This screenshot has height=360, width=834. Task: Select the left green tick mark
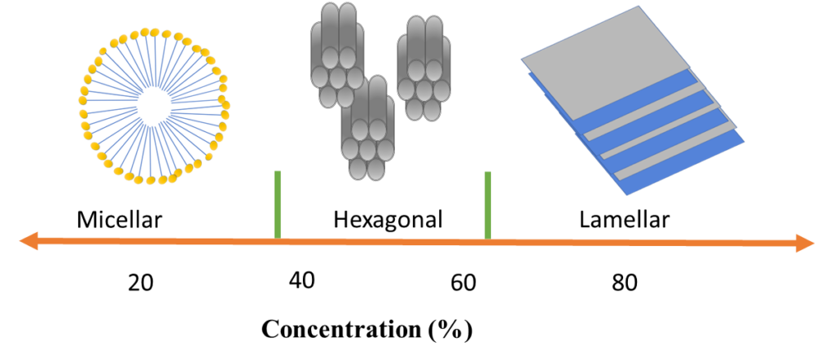pos(278,204)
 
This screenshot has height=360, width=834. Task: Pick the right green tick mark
pos(488,204)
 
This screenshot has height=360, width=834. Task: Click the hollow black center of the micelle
pos(153,106)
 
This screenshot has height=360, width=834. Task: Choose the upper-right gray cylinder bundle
pos(424,68)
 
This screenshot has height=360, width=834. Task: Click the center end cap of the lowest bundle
pos(367,149)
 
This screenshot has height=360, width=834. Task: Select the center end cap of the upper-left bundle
pos(337,77)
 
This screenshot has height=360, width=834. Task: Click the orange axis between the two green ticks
pos(383,242)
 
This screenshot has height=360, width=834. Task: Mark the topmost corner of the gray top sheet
pos(638,7)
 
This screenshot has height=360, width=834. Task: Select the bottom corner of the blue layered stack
pos(626,195)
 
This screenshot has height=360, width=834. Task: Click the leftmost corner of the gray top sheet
pos(522,59)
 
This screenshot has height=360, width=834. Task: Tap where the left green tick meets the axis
pos(278,239)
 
